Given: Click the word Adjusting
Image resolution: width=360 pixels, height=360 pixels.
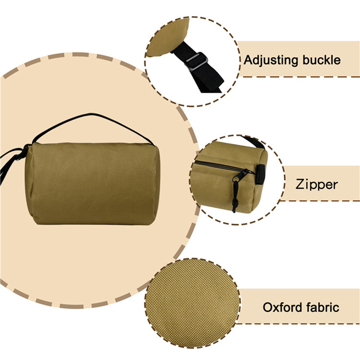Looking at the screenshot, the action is pyautogui.click(x=271, y=61).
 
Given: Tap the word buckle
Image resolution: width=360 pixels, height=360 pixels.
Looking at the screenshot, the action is pyautogui.click(x=321, y=60).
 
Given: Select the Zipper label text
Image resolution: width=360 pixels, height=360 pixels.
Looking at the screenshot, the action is pyautogui.click(x=316, y=185).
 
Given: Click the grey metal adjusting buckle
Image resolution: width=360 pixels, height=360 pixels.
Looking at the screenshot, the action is pyautogui.click(x=197, y=61).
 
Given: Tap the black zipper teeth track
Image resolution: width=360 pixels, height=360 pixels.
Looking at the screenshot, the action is pyautogui.click(x=218, y=166).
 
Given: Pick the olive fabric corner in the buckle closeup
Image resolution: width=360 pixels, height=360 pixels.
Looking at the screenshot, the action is pyautogui.click(x=168, y=38).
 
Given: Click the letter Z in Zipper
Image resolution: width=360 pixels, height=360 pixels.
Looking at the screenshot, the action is pyautogui.click(x=300, y=184).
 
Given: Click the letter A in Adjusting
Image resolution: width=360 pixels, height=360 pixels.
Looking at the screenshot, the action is pyautogui.click(x=249, y=60).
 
